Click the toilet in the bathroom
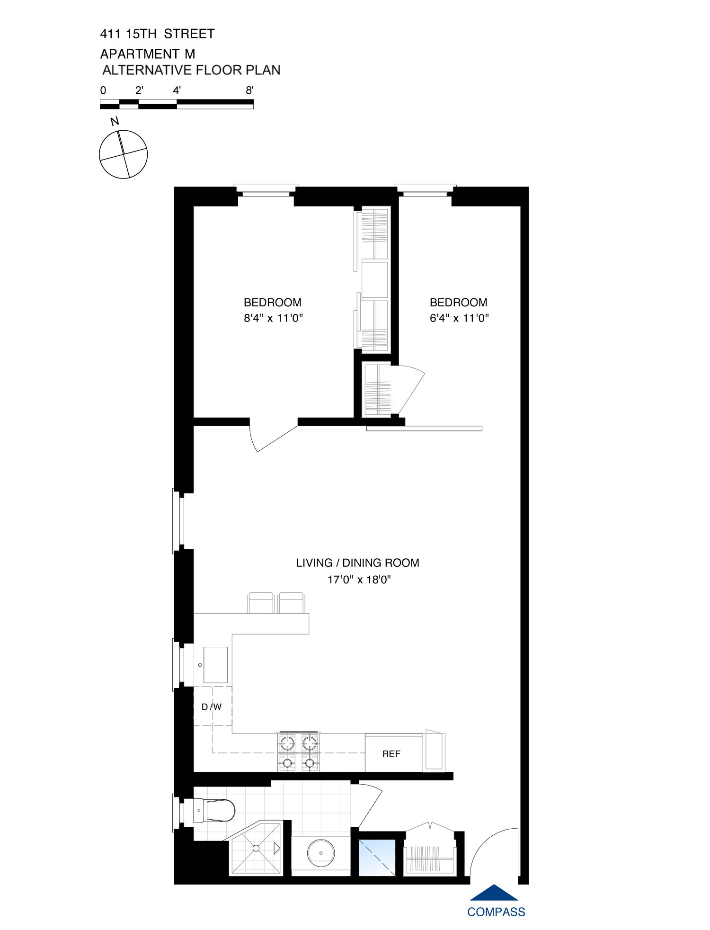click(x=215, y=811)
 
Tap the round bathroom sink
click(x=321, y=853)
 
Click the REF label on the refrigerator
click(x=391, y=754)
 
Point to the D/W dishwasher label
click(x=212, y=707)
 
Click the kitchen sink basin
click(x=215, y=665)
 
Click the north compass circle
click(x=124, y=154)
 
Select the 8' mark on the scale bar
click(x=250, y=90)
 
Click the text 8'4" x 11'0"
click(x=273, y=318)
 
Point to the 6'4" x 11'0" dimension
click(x=459, y=318)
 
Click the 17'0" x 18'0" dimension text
click(x=359, y=580)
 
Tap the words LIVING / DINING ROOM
click(x=357, y=563)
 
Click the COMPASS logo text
click(x=496, y=912)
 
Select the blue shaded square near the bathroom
click(x=377, y=858)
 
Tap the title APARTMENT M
click(x=148, y=54)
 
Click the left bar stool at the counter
click(x=261, y=602)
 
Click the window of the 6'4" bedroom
click(x=425, y=190)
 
